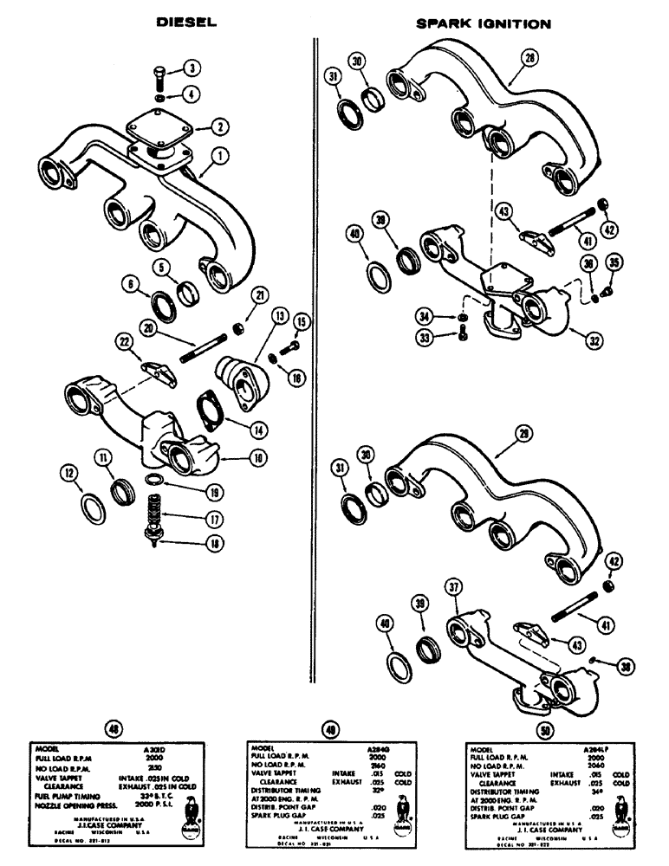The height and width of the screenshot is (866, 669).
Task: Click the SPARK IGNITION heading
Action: coord(483,24)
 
